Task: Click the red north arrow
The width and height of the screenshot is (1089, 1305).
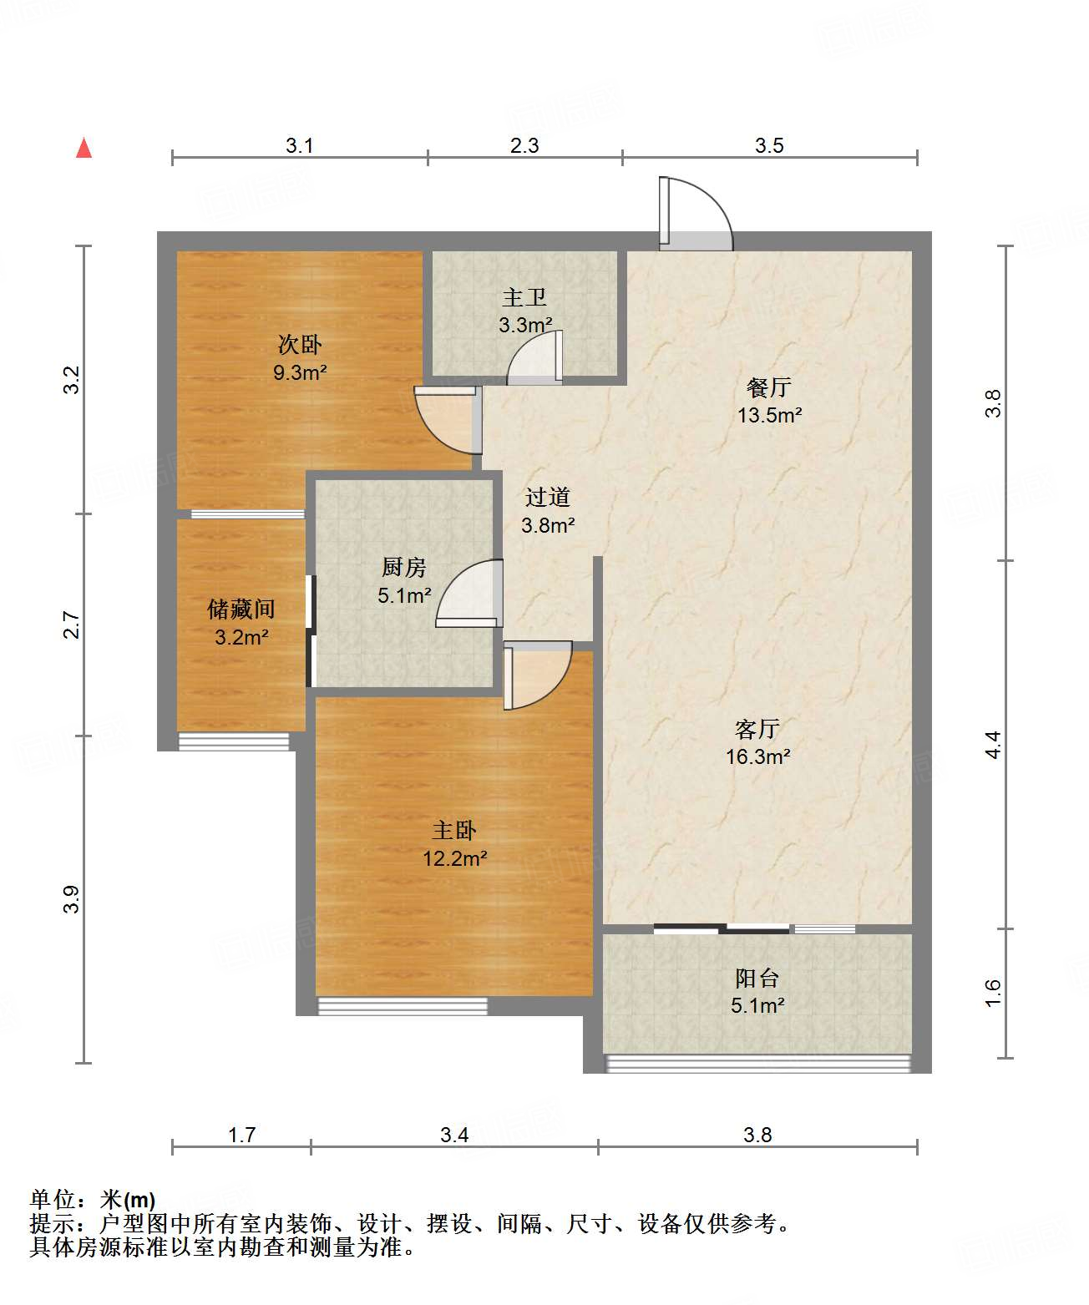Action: [84, 148]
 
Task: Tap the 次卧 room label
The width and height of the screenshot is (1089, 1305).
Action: [300, 344]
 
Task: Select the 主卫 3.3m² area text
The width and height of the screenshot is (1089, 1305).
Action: [525, 325]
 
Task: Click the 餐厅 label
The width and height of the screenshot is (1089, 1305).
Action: [768, 387]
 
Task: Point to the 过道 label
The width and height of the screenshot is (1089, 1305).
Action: [548, 498]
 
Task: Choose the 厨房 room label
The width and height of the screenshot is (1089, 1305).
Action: [404, 568]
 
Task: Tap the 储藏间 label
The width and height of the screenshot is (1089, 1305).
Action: [241, 609]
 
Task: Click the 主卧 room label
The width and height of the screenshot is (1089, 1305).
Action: [454, 831]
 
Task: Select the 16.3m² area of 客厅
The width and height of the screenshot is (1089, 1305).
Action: [757, 757]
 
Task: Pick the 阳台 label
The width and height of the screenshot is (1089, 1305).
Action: [757, 979]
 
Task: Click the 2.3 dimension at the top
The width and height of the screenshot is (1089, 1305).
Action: [524, 145]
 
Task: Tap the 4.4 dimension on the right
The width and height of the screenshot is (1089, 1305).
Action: [993, 745]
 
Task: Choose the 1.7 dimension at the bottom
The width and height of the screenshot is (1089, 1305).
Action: [241, 1135]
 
